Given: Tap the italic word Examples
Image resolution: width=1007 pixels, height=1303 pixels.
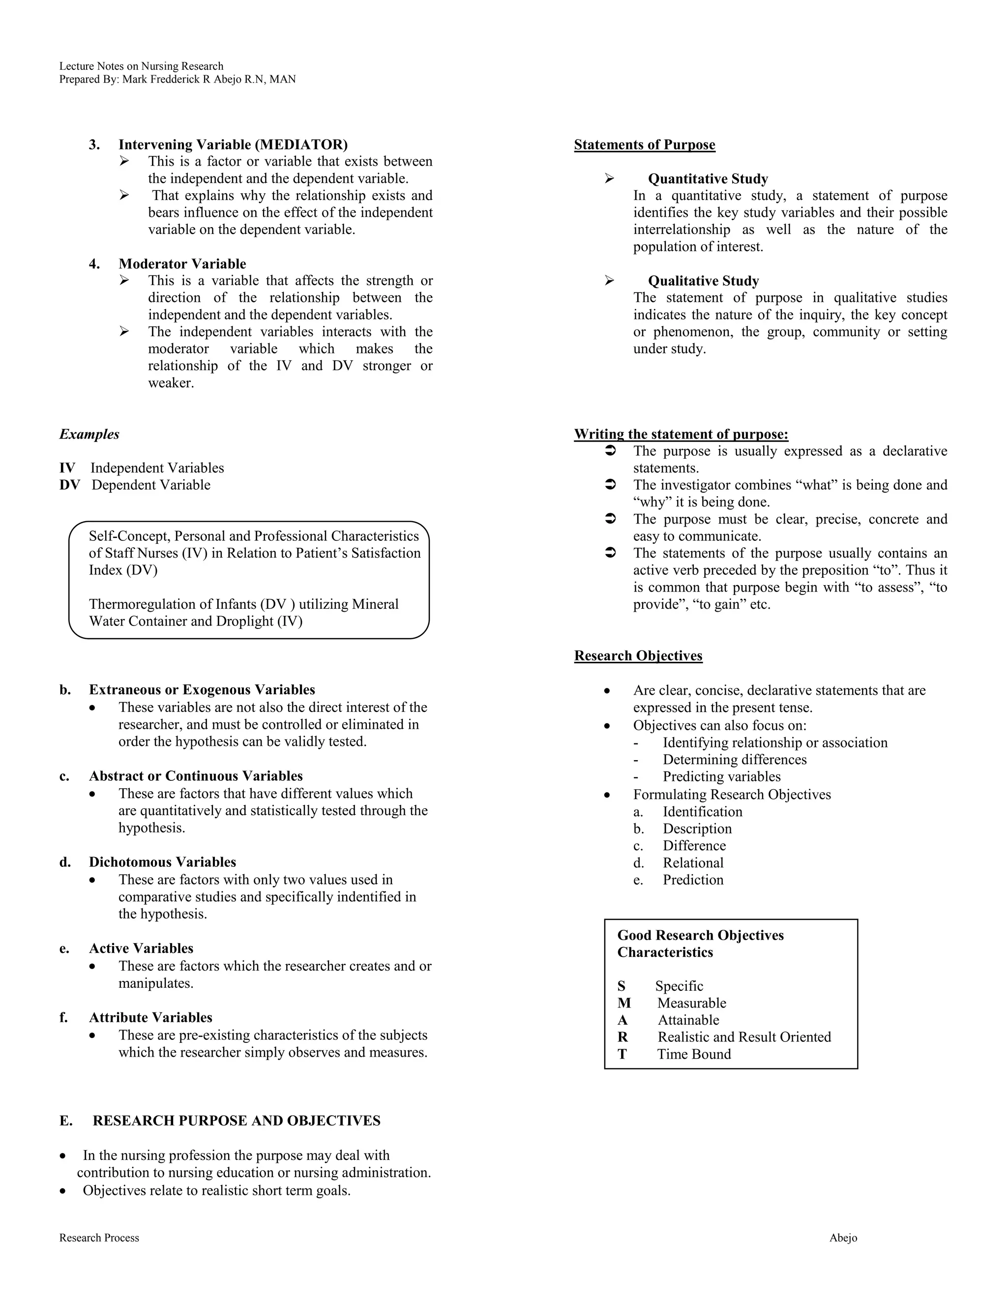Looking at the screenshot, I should pyautogui.click(x=89, y=434).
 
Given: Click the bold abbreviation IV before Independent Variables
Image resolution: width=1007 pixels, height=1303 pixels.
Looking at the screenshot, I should pyautogui.click(x=67, y=468).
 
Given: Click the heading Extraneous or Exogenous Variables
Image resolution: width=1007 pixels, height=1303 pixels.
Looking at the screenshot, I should pyautogui.click(x=202, y=690).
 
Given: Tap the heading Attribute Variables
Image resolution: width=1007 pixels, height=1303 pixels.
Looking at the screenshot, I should pyautogui.click(x=150, y=1017).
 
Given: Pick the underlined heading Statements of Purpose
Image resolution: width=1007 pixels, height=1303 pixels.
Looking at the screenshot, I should pyautogui.click(x=644, y=145).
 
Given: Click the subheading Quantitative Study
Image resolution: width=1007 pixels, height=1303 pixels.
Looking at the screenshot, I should pyautogui.click(x=708, y=179).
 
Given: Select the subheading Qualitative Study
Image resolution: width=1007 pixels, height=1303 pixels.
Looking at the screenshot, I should pyautogui.click(x=703, y=281).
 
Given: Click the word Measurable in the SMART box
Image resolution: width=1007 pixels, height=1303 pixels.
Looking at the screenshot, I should pyautogui.click(x=691, y=1003).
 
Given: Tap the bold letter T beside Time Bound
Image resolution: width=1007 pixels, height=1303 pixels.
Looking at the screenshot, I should pyautogui.click(x=622, y=1054).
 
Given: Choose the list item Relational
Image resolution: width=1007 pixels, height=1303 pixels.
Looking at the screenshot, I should pyautogui.click(x=693, y=863).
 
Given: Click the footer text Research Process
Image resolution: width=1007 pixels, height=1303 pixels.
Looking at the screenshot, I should pyautogui.click(x=99, y=1238).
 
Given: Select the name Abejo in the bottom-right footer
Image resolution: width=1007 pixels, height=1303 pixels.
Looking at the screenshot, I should pyautogui.click(x=843, y=1238).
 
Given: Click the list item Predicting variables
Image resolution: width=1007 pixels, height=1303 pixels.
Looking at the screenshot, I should pyautogui.click(x=721, y=777).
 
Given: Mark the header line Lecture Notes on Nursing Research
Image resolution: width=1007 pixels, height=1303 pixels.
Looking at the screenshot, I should pyautogui.click(x=142, y=66).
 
